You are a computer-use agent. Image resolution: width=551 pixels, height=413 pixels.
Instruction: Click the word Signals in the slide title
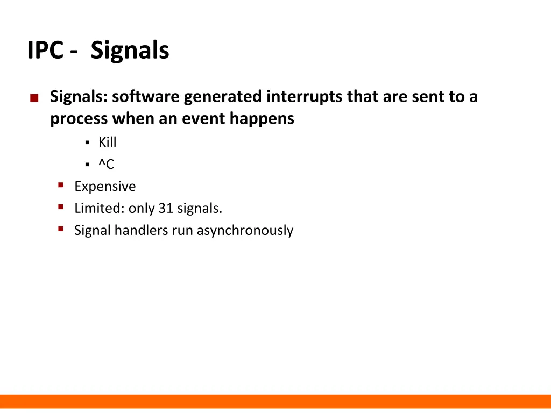pyautogui.click(x=130, y=51)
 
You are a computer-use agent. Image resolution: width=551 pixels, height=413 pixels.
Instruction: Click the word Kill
pyautogui.click(x=107, y=143)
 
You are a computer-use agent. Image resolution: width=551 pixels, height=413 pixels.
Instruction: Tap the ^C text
pyautogui.click(x=106, y=165)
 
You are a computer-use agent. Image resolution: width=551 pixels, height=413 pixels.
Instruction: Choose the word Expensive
pyautogui.click(x=105, y=187)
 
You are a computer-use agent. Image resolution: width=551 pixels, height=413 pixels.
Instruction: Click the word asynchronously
pyautogui.click(x=245, y=231)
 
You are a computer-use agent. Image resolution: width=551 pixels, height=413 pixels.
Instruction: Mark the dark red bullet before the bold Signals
pyautogui.click(x=34, y=98)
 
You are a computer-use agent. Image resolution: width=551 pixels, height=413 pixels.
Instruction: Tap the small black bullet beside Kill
pyautogui.click(x=87, y=143)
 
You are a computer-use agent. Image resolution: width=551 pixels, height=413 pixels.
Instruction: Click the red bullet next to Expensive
pyautogui.click(x=61, y=185)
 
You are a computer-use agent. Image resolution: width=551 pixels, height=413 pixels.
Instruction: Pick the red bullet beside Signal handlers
pyautogui.click(x=61, y=229)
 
